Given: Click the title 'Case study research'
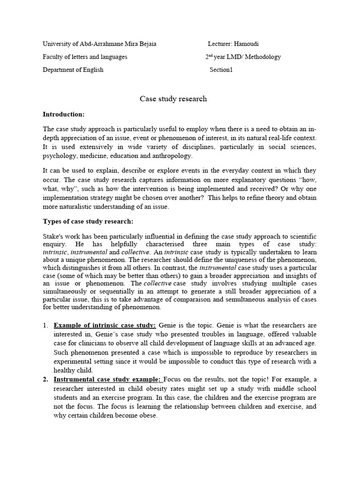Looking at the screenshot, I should (x=173, y=99).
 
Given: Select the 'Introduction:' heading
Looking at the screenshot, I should (x=64, y=114).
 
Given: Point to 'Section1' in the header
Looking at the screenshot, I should (x=221, y=70).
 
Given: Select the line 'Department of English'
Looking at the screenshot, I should (x=73, y=70).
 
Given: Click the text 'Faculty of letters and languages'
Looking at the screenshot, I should (x=85, y=57).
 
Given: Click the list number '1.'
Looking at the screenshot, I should (x=45, y=325).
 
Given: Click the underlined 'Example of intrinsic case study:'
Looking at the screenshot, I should (x=105, y=325).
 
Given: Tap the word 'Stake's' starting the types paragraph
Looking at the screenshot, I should (x=53, y=237).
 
